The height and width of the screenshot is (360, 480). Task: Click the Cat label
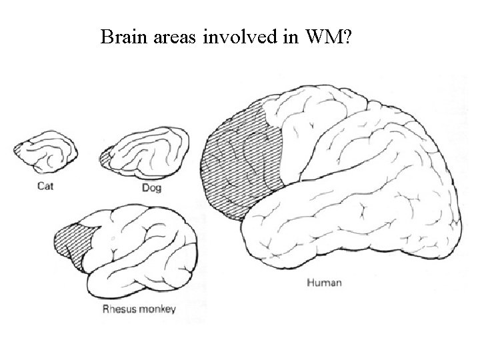coord(45,187)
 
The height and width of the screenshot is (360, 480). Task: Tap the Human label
coord(324,282)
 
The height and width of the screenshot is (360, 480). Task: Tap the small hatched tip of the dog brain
coord(105,159)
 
